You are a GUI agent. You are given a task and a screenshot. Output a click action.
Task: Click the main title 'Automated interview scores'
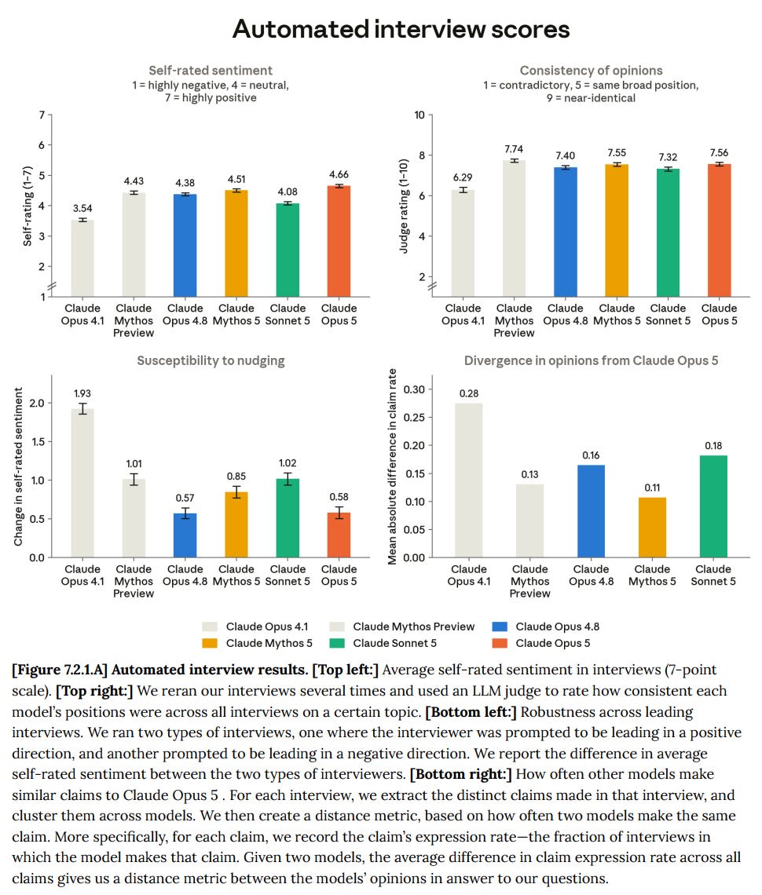[401, 29]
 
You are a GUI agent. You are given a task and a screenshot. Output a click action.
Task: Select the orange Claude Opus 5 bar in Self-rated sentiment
[339, 241]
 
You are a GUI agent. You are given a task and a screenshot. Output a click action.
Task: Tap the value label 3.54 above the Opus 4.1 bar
[82, 208]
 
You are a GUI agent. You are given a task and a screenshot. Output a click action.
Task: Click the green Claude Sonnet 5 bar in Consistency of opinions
[668, 232]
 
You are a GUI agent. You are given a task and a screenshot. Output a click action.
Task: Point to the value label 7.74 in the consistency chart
[514, 149]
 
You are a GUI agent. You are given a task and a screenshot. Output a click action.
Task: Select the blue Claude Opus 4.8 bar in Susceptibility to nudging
[185, 535]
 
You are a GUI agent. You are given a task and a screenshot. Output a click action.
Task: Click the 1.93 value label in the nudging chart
[82, 393]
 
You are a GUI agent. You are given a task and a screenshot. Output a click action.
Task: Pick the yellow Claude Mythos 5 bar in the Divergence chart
[652, 527]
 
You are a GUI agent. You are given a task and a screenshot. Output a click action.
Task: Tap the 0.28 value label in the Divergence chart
[469, 393]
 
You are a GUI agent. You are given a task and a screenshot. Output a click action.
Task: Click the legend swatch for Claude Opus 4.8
[500, 626]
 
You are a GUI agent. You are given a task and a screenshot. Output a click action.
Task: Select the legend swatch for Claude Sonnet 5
[337, 643]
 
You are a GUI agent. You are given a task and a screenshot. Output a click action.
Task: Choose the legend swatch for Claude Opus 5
[500, 643]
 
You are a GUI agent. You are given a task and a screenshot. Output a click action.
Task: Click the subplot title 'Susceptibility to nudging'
[211, 360]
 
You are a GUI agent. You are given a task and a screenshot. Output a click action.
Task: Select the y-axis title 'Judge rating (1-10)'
[404, 206]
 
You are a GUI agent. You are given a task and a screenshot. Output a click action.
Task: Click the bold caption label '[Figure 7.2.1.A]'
[60, 670]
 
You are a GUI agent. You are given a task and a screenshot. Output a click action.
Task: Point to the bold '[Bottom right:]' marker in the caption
[460, 774]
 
